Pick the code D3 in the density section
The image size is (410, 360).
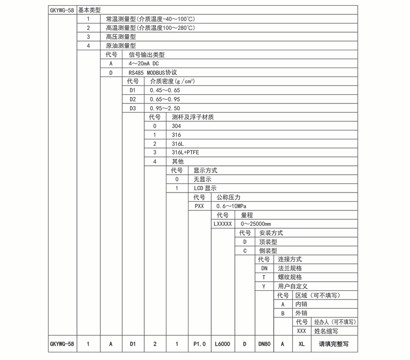coord(133,108)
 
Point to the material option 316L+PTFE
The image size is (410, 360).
coord(185,153)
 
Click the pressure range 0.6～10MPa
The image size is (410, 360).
coord(232,206)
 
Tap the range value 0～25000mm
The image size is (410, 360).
coord(256,224)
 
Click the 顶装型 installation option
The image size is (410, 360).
coord(269,242)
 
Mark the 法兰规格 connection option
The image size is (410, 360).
coord(290,268)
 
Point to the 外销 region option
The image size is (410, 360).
coord(301,313)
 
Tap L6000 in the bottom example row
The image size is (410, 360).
coord(223,345)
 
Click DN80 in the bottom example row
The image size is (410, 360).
coord(263,345)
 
